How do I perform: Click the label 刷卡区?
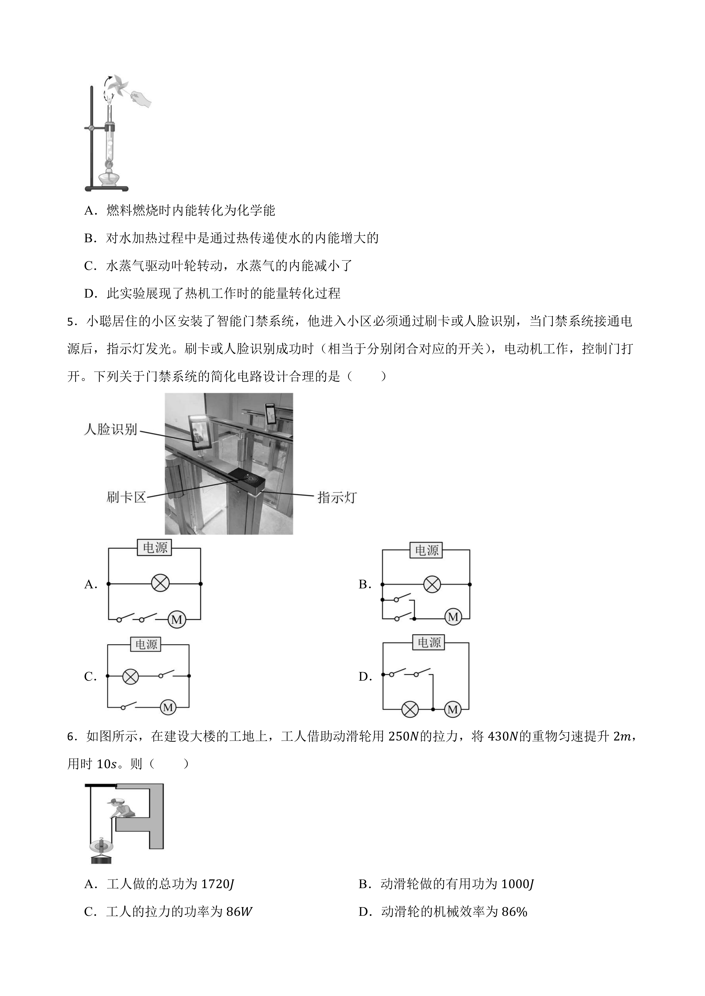point(126,497)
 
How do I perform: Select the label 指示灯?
point(337,497)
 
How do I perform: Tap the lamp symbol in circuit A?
point(160,584)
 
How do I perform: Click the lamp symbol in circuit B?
point(432,584)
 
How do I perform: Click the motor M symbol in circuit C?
point(168,708)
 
